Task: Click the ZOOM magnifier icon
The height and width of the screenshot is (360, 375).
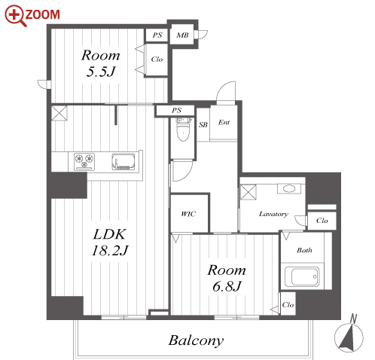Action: tap(16, 16)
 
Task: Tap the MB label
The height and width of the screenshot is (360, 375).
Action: tap(182, 35)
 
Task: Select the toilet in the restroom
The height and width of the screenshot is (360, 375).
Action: tap(184, 130)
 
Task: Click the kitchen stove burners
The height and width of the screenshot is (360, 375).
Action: tap(84, 161)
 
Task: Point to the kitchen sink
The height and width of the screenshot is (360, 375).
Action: tap(123, 161)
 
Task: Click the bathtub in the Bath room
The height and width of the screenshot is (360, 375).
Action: tap(305, 276)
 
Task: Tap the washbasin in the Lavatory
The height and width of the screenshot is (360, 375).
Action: tap(288, 188)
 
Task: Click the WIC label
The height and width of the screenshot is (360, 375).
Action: tap(188, 214)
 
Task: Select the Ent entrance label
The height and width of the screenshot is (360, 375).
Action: tap(224, 122)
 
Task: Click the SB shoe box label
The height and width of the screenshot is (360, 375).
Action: tap(203, 124)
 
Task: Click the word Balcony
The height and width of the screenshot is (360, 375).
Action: tap(196, 340)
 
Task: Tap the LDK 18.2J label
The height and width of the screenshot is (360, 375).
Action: tap(110, 243)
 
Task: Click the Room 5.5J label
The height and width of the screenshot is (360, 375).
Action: tap(100, 63)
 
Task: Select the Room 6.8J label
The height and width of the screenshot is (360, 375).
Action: tap(227, 278)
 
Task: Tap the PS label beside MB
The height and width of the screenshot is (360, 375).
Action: tap(157, 35)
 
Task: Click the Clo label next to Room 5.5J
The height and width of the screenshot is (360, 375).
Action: tap(157, 59)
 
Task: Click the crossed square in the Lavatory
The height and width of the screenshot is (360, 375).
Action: tap(248, 192)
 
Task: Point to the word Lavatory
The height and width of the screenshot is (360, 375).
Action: tap(273, 214)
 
